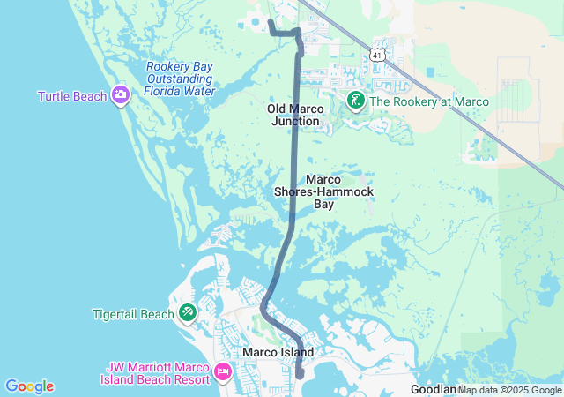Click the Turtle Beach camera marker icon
[x=121, y=95]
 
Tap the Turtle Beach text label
[x=72, y=95]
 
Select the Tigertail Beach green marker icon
[x=188, y=313]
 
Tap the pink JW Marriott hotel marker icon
[x=222, y=371]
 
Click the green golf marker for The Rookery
[x=355, y=101]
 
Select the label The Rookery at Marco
[x=429, y=101]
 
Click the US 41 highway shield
[x=377, y=54]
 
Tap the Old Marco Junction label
[x=296, y=115]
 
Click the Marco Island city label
[x=278, y=352]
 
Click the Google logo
[x=29, y=386]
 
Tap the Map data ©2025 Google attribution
[x=510, y=390]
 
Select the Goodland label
[x=433, y=389]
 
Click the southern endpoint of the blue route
[x=301, y=374]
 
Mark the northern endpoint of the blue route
[x=270, y=20]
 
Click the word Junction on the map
[x=296, y=121]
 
